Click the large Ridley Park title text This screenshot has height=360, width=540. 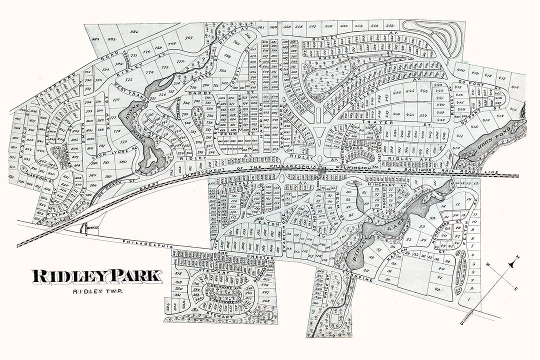click(x=97, y=276)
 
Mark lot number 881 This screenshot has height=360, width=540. click(x=134, y=32)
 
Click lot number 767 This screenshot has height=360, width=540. click(x=189, y=38)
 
